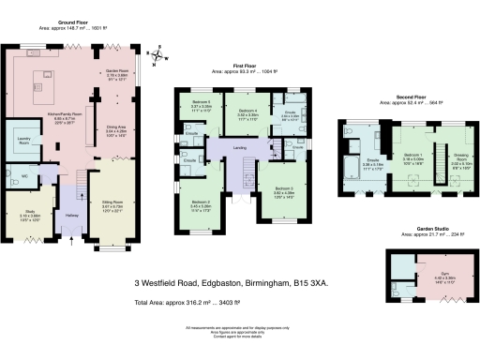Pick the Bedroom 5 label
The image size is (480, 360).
point(202,101)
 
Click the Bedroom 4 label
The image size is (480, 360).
point(247,112)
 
